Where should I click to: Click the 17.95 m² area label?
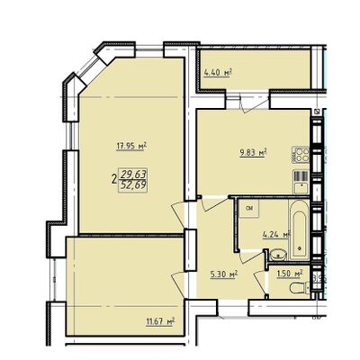click(130, 143)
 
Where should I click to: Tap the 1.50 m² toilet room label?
click(289, 275)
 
